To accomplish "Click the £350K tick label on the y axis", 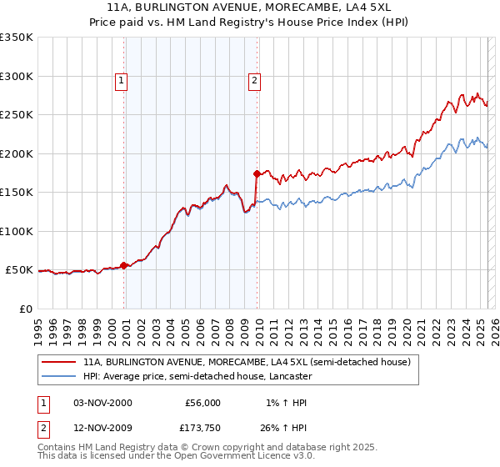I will (17, 38).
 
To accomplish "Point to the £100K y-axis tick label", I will (17, 231).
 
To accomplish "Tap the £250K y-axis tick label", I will (17, 115).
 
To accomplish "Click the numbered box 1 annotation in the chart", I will (122, 81).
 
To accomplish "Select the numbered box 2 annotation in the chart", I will (253, 81).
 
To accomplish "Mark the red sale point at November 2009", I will (257, 174).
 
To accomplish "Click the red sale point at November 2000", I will (124, 265).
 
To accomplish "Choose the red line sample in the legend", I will (60, 363).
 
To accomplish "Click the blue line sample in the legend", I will (60, 377).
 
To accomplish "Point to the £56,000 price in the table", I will (202, 403).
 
